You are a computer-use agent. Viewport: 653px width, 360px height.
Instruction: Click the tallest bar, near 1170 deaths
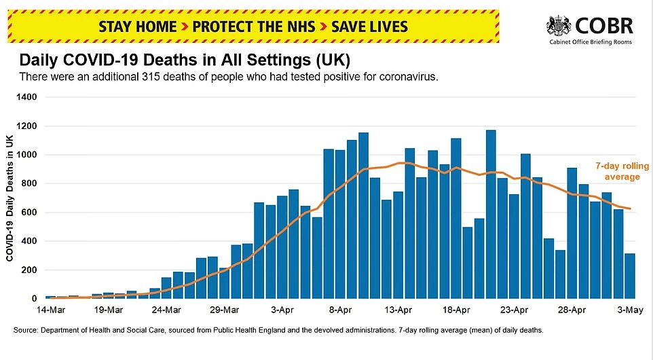pyautogui.click(x=491, y=215)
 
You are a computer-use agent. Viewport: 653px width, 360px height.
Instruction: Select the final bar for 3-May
pyautogui.click(x=629, y=276)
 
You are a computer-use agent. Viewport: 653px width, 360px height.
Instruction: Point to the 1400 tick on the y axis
pyautogui.click(x=29, y=98)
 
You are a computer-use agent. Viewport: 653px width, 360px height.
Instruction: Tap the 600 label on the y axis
pyautogui.click(x=31, y=213)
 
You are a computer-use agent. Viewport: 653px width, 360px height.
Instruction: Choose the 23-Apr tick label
pyautogui.click(x=515, y=310)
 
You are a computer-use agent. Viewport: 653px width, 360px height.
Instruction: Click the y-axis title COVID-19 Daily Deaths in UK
pyautogui.click(x=10, y=198)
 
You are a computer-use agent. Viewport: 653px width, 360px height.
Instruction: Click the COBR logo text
pyautogui.click(x=604, y=26)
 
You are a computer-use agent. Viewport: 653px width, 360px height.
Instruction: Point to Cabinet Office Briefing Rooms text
pyautogui.click(x=591, y=42)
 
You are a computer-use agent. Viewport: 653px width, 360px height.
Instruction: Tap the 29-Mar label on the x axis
pyautogui.click(x=224, y=310)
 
